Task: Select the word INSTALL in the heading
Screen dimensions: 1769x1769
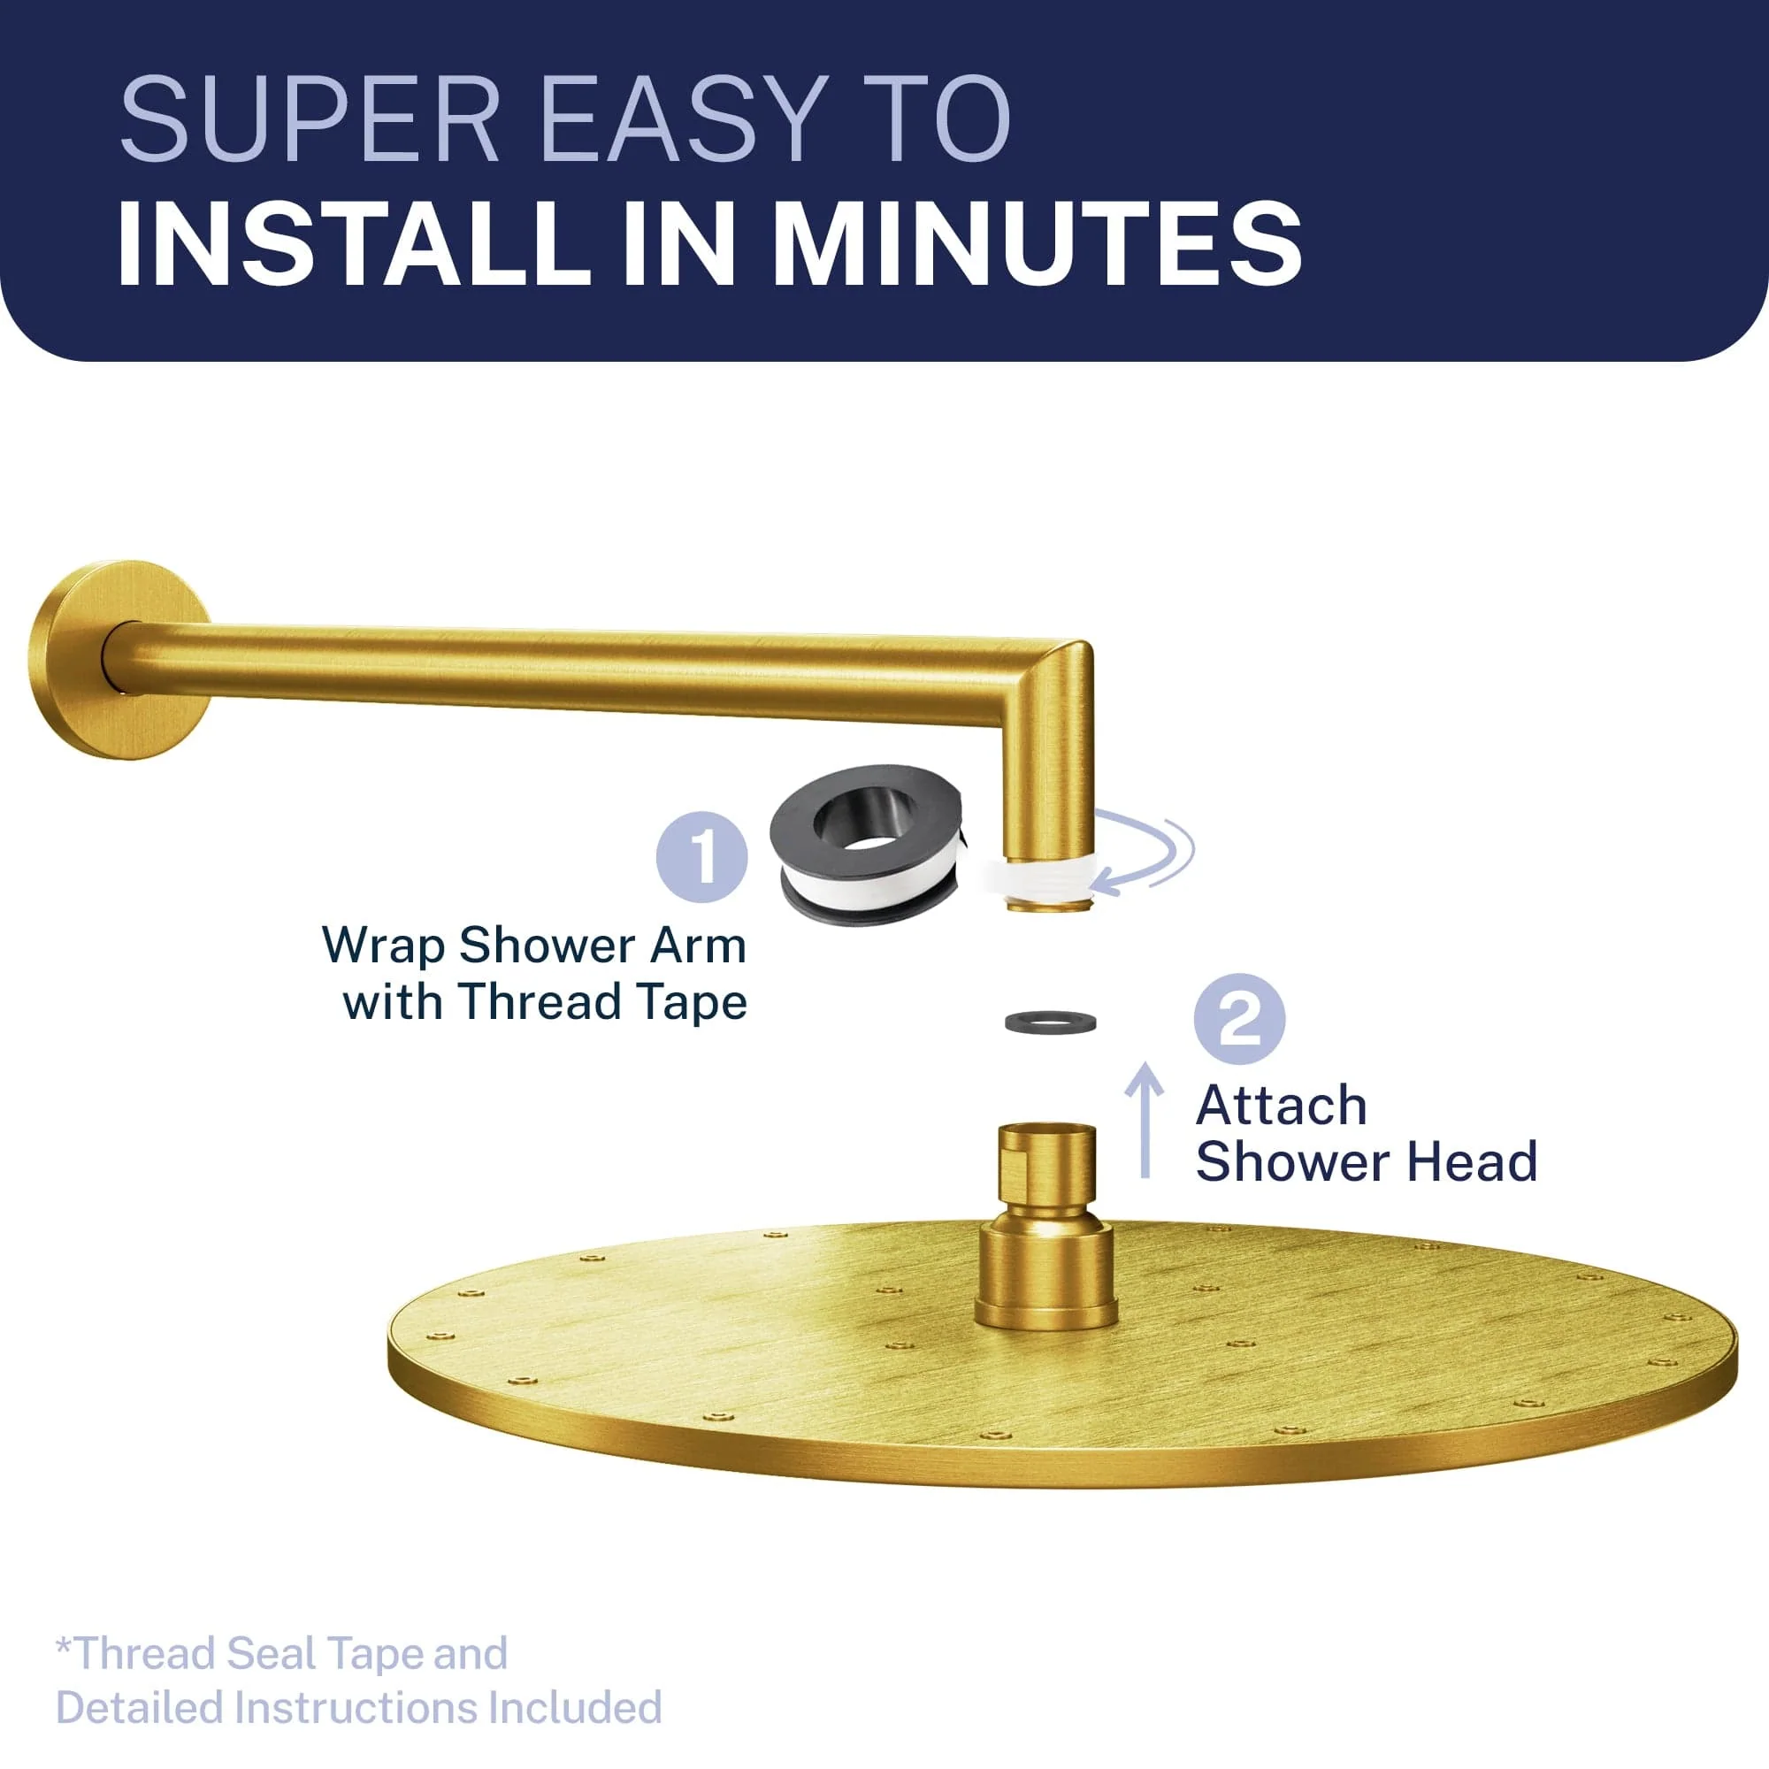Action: click(x=355, y=243)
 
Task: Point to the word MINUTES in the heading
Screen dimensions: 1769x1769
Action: click(x=1038, y=243)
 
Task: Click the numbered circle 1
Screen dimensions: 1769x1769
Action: click(x=702, y=857)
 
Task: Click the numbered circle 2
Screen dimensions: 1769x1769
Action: click(x=1240, y=1018)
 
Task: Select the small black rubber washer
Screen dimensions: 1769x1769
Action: click(x=1050, y=1021)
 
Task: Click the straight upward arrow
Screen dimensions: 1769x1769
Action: click(x=1145, y=1119)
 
